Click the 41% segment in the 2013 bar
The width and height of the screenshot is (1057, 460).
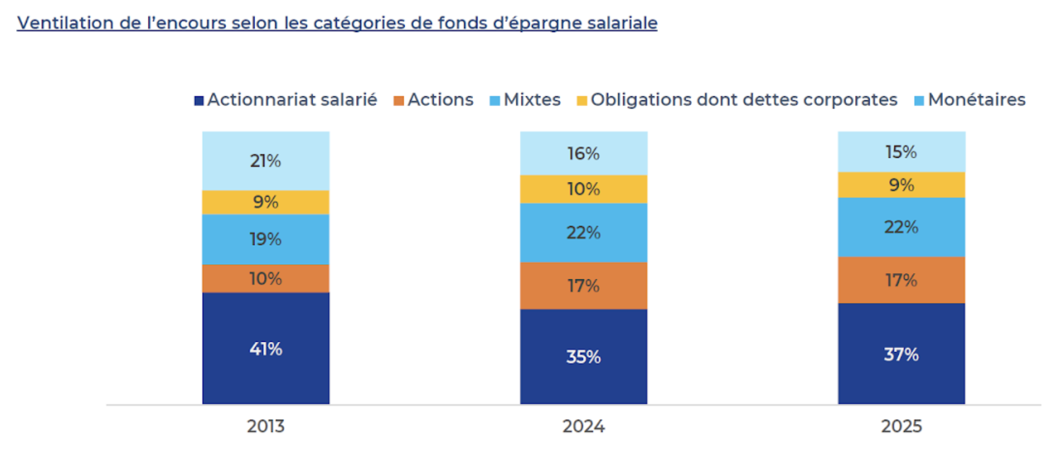[x=265, y=348]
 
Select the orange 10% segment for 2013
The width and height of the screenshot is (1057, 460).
[x=265, y=279]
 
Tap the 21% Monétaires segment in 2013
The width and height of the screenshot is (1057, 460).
[x=265, y=161]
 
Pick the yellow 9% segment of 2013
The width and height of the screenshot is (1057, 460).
[x=265, y=202]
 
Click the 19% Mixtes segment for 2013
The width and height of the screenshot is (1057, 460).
[x=265, y=239]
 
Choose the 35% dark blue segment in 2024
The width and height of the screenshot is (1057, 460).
[x=584, y=356]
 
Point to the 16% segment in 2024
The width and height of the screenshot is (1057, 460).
[x=584, y=153]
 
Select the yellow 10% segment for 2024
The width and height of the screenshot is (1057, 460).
[x=584, y=189]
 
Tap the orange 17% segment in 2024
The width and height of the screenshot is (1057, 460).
[x=584, y=285]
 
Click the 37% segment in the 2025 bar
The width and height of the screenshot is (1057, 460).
[x=901, y=354]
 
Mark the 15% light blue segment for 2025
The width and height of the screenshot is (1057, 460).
[x=901, y=151]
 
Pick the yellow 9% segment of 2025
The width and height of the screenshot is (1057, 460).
[x=901, y=185]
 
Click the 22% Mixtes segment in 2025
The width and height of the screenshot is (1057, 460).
[x=901, y=227]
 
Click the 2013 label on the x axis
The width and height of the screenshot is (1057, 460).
[x=265, y=426]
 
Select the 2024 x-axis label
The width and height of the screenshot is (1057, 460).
[x=584, y=426]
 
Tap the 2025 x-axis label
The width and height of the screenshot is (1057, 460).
[x=901, y=426]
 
